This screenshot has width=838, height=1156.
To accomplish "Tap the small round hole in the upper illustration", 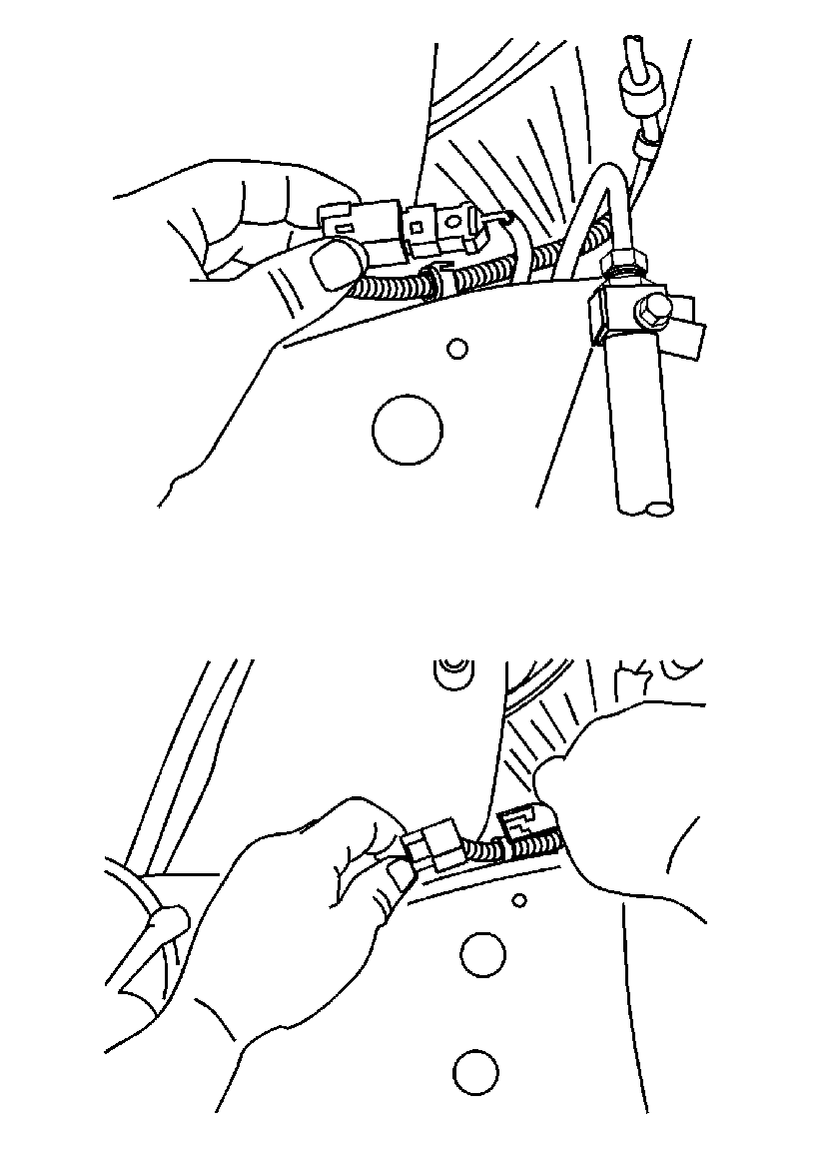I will (457, 349).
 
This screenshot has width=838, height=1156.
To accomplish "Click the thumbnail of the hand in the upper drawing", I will (335, 265).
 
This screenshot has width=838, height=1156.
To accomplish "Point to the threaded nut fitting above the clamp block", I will (626, 263).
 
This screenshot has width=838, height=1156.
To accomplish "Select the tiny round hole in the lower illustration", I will (518, 900).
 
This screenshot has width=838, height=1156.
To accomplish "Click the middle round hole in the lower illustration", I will (482, 955).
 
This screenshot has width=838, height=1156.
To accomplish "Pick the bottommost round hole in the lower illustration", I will (475, 1073).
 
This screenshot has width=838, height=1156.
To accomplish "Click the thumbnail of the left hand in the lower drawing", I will (400, 876).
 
